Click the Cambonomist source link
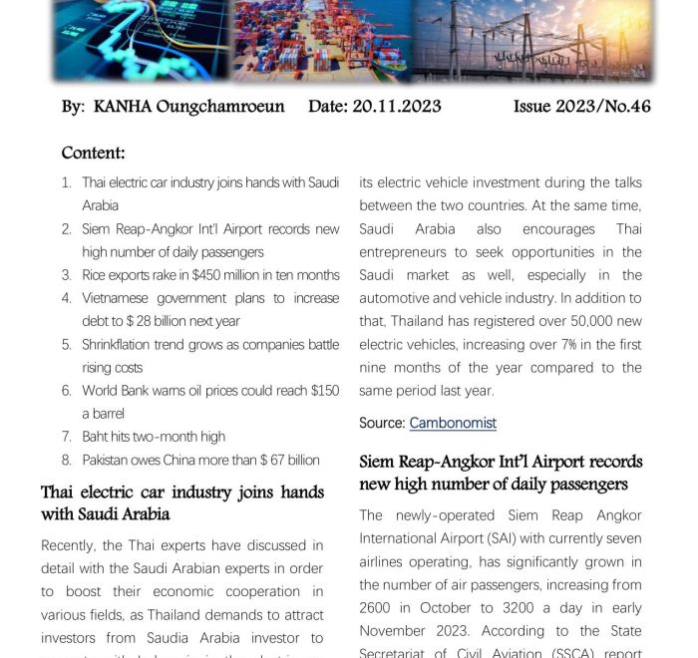[x=452, y=423]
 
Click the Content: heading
[x=93, y=153]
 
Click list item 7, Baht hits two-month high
[x=154, y=437]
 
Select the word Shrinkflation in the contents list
[x=124, y=345]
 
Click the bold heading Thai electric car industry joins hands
[x=181, y=493]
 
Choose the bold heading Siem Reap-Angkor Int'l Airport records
[x=501, y=463]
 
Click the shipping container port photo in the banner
[x=322, y=40]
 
